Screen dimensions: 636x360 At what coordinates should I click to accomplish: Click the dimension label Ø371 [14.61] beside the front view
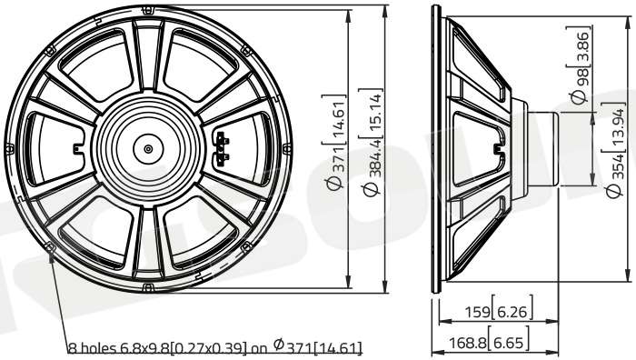[x=335, y=142]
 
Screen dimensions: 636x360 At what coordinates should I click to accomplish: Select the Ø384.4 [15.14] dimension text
[x=371, y=142]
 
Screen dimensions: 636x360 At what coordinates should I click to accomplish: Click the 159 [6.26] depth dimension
[x=498, y=311]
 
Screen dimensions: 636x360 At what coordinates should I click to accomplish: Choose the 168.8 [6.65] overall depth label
[x=489, y=343]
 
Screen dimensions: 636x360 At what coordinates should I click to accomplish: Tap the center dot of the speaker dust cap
[x=148, y=148]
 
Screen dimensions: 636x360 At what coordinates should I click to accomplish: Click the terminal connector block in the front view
[x=222, y=149]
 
